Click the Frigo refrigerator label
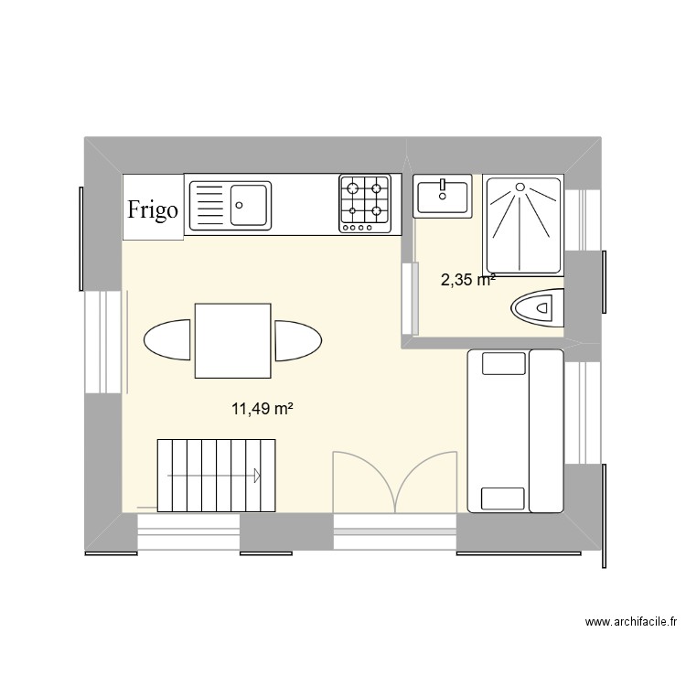tap(153, 209)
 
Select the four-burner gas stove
tap(365, 203)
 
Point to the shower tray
tap(522, 225)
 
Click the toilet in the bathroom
tap(538, 307)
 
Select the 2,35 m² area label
tap(467, 280)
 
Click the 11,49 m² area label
tap(262, 410)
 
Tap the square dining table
tap(232, 341)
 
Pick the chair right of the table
tap(298, 341)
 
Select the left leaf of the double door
tap(363, 483)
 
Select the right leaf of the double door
tap(426, 483)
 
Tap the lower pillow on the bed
tap(503, 498)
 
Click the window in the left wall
tap(103, 341)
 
